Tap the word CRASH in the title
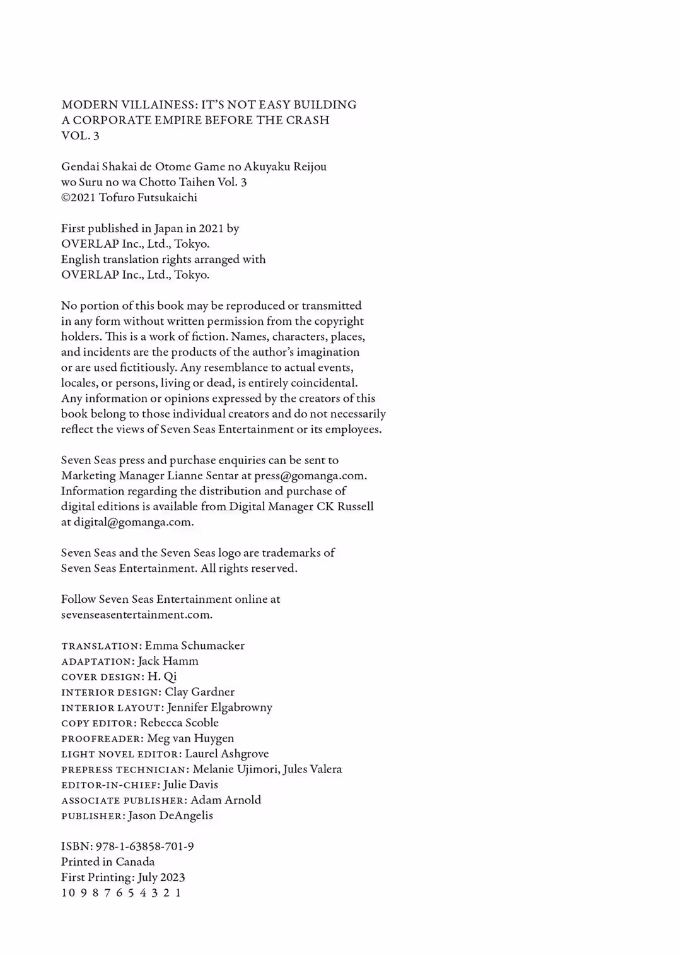(308, 120)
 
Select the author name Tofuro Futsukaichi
(148, 197)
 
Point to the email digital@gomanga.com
(133, 522)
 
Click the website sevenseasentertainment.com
(136, 615)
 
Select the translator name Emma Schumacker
(194, 646)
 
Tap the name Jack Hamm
(168, 661)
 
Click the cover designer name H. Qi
(162, 677)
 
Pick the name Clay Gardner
(199, 692)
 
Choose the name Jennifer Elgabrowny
(219, 708)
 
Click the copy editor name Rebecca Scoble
(179, 723)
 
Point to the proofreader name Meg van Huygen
(190, 738)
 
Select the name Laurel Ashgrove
(226, 754)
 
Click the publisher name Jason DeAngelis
(170, 815)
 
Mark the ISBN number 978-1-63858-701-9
(144, 846)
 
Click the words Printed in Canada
(108, 862)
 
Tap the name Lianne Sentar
(202, 475)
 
